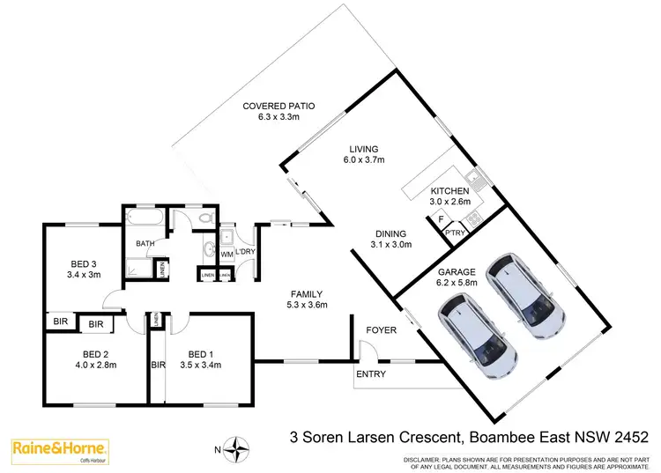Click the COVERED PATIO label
279,107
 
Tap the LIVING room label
361,149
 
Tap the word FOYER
382,329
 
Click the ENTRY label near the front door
371,373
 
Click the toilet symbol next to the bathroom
204,218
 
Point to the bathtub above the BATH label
143,217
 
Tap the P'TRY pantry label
455,232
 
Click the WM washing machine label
227,255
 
